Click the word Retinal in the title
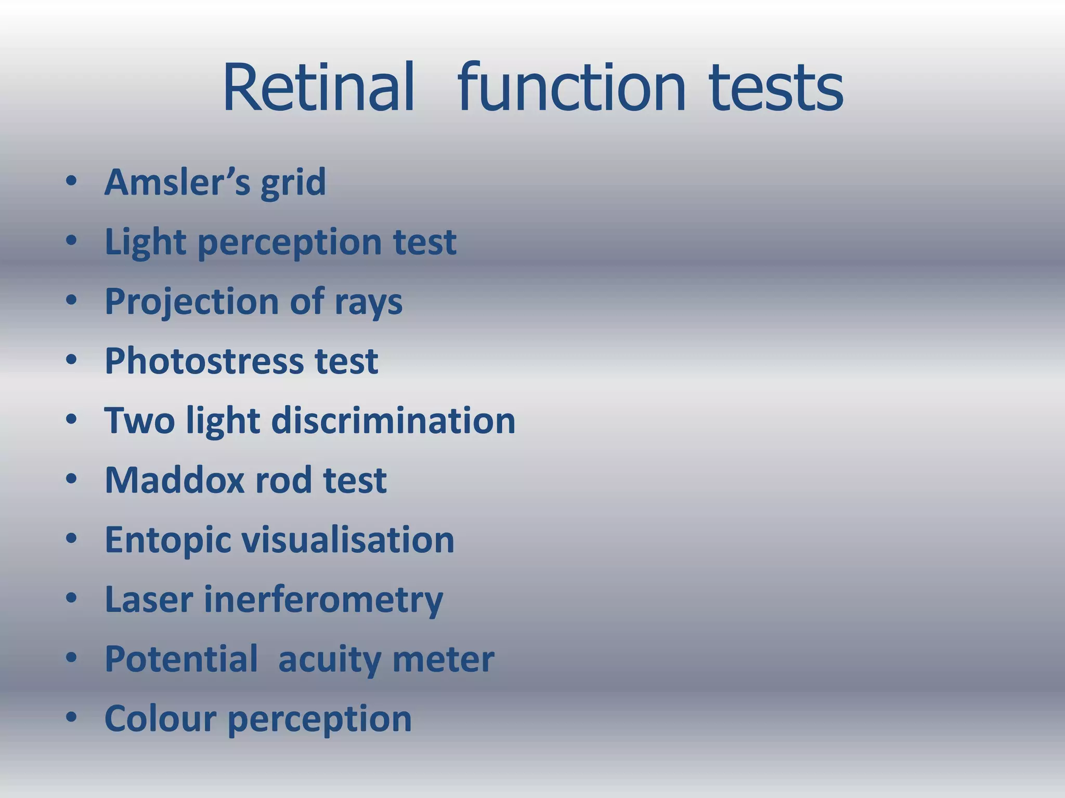(x=318, y=87)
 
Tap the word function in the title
(x=572, y=87)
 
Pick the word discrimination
(x=393, y=420)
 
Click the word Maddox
(x=174, y=480)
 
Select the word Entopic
(x=167, y=540)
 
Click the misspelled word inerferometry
(x=323, y=600)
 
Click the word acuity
(x=329, y=660)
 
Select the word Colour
(x=160, y=719)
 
